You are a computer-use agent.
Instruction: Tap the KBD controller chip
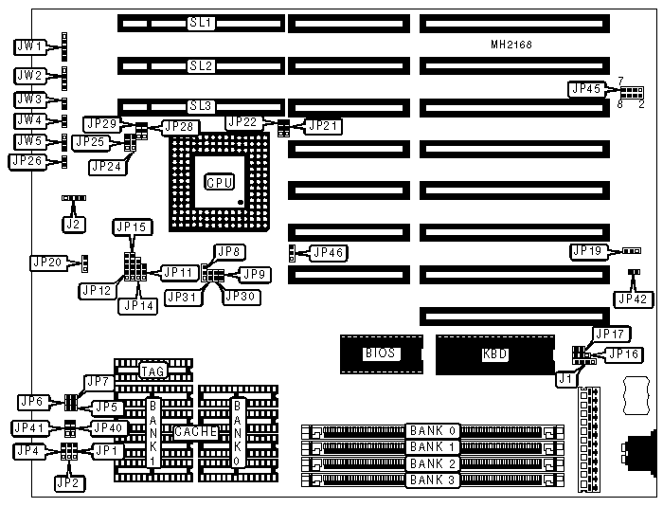point(495,354)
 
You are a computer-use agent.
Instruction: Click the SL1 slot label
point(201,22)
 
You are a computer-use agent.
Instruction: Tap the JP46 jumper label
point(329,253)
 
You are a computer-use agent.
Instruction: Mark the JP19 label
point(588,251)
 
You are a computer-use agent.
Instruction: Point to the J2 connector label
point(72,225)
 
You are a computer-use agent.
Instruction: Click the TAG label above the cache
point(153,371)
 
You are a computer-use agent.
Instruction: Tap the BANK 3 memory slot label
point(434,480)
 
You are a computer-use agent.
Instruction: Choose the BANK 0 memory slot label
point(434,430)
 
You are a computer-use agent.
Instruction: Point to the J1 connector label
point(565,378)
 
